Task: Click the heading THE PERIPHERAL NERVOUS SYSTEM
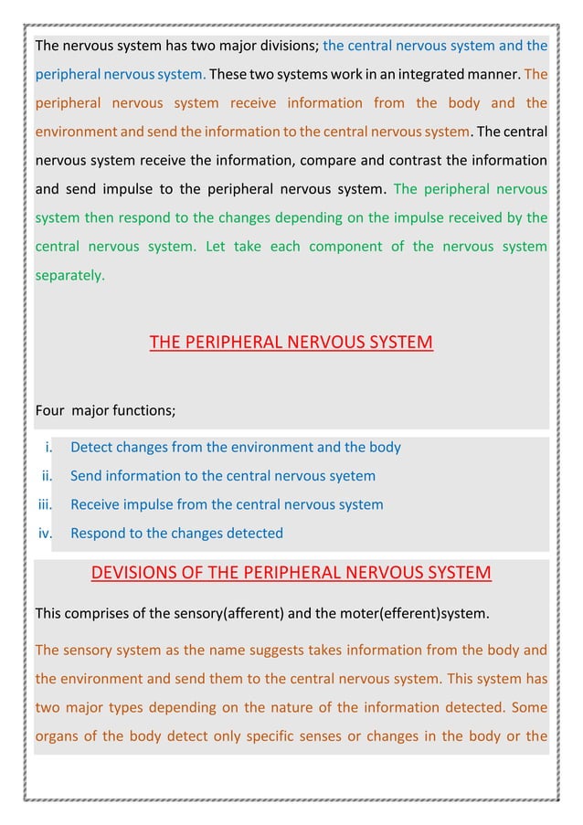(x=291, y=343)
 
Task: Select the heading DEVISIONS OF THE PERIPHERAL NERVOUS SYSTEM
(x=291, y=573)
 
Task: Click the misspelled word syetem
(x=350, y=476)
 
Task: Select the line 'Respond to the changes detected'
(x=176, y=533)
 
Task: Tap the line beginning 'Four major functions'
(x=105, y=410)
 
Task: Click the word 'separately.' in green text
(x=69, y=273)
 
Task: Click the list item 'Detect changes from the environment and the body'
(x=236, y=448)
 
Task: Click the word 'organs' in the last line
(x=57, y=735)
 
